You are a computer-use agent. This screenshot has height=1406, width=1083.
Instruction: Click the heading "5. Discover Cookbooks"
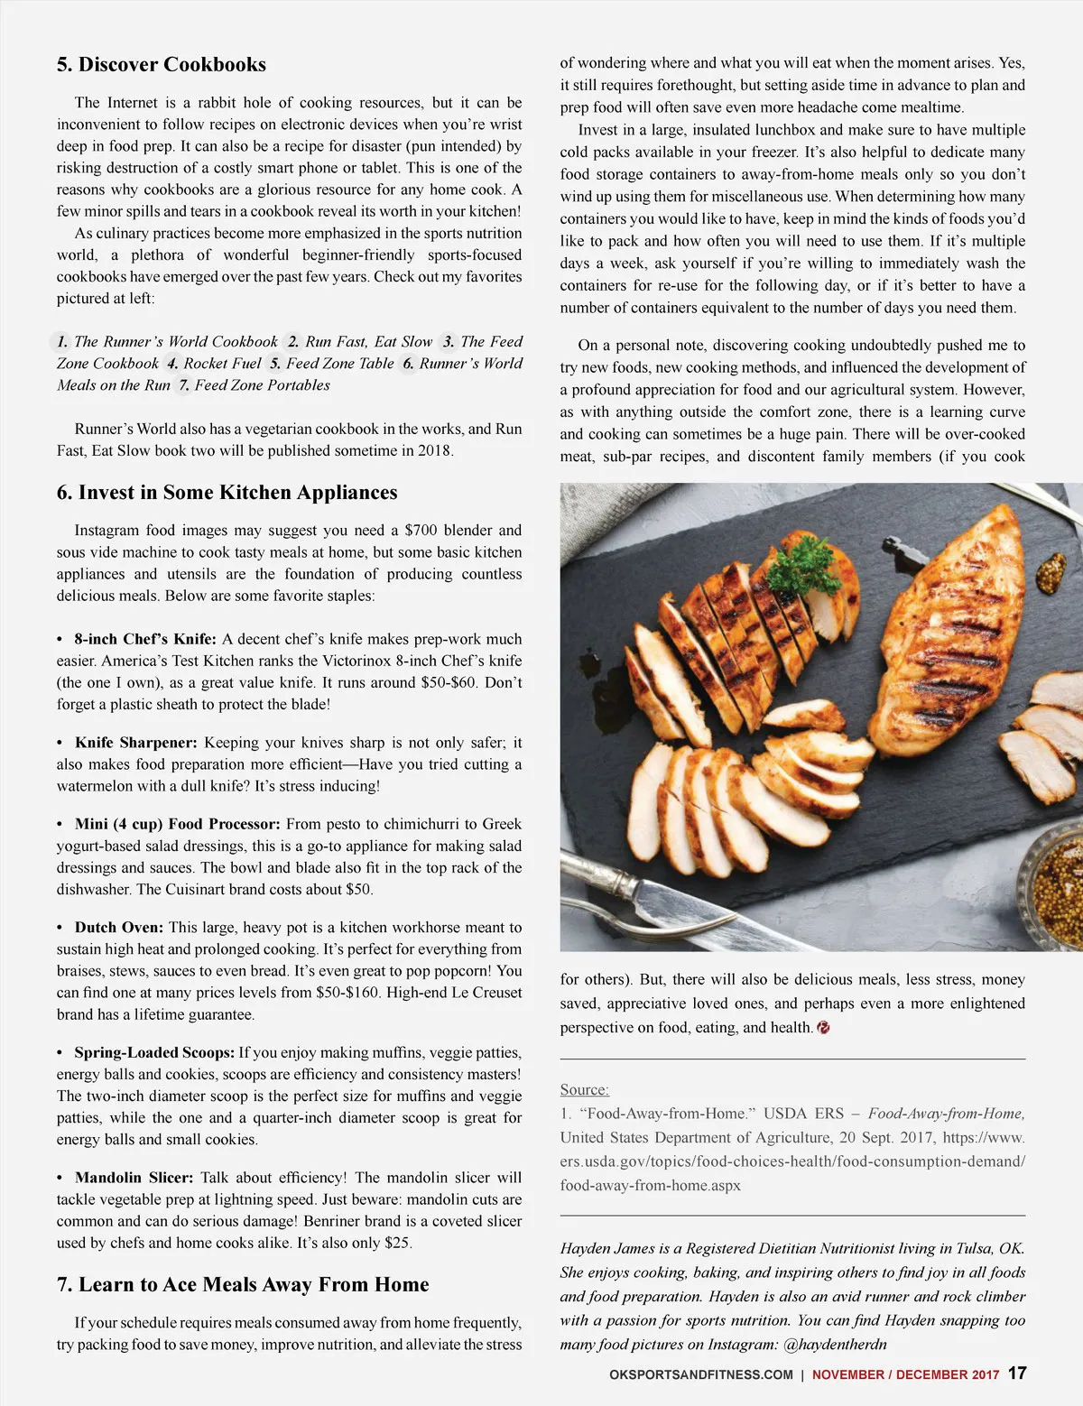161,65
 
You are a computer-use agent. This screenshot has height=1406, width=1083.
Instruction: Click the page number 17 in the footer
1017,1374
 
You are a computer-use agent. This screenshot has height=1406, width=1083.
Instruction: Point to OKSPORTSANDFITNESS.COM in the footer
701,1375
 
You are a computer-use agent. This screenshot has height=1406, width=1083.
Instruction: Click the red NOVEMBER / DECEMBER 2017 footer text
905,1375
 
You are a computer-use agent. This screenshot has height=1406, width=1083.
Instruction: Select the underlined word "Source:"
584,1090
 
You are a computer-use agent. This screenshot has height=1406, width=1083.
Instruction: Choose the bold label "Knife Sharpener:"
135,743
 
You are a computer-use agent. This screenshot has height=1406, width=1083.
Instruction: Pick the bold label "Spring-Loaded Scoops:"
154,1052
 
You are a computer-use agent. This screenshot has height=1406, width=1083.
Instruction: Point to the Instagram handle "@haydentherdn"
835,1345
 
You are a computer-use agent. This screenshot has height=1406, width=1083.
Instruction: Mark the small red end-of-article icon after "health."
823,1028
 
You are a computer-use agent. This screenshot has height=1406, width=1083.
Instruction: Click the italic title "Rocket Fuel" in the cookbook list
222,364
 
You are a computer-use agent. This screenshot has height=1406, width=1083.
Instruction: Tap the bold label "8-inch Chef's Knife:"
145,639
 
